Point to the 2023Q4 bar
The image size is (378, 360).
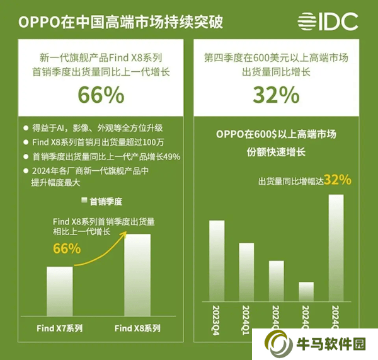[217, 260]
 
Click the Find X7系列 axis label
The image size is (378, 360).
[60, 328]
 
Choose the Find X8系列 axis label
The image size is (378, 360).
[137, 328]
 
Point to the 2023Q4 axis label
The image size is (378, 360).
[217, 318]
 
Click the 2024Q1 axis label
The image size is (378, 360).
[246, 318]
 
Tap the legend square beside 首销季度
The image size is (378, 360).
[84, 201]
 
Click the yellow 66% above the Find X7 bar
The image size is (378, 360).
[67, 248]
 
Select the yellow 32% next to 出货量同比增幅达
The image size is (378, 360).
[337, 180]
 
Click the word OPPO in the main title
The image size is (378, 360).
[37, 22]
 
